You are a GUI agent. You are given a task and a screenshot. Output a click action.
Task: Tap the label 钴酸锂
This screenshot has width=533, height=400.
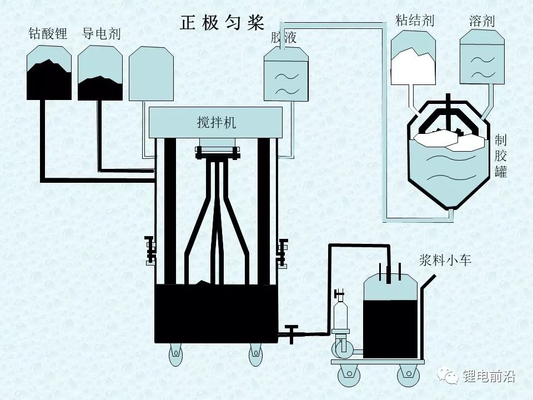pos(48,34)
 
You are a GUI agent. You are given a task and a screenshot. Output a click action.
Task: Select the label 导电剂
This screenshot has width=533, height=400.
pos(101,34)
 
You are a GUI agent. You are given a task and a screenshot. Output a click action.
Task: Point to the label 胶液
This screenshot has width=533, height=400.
pos(284,38)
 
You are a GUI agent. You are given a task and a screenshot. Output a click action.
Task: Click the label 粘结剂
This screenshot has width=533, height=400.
pos(414,21)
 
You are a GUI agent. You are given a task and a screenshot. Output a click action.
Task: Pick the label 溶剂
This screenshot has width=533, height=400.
pos(481,22)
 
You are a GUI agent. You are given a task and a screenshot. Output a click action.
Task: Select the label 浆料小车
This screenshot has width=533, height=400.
pos(445,259)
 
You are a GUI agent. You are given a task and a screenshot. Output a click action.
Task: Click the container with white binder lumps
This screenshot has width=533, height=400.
pos(413,58)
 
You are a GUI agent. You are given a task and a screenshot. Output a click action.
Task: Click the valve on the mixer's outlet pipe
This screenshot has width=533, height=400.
pos(290,334)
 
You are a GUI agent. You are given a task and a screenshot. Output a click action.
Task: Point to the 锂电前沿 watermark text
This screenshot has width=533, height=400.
pos(489,377)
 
